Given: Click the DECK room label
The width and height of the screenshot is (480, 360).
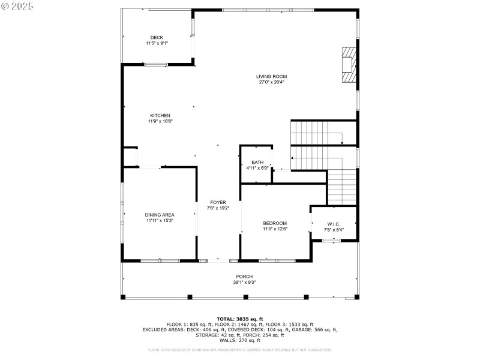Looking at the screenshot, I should click(x=157, y=37).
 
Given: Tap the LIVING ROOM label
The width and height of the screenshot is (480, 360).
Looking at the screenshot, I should click(x=271, y=76).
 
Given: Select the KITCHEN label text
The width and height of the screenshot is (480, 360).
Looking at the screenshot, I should click(x=160, y=115).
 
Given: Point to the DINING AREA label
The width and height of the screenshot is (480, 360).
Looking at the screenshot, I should click(x=160, y=215).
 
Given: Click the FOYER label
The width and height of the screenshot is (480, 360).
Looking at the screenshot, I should click(x=218, y=202).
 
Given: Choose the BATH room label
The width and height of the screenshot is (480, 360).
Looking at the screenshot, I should click(x=257, y=162).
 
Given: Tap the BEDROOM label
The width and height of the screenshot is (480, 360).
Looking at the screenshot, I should click(x=275, y=223).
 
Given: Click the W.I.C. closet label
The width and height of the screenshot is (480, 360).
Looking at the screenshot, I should click(x=334, y=224).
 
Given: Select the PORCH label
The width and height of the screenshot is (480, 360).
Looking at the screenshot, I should click(x=244, y=277).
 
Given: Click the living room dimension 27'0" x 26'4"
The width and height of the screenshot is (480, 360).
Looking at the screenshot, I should click(x=271, y=82).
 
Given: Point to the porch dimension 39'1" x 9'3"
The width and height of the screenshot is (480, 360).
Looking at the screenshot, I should click(x=244, y=283).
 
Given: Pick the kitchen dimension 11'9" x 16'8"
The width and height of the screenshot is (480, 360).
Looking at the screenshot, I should click(x=160, y=121).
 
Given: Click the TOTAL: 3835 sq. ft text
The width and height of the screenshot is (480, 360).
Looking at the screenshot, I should click(x=240, y=319).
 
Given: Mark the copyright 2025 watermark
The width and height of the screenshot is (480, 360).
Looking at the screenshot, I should click(x=17, y=5).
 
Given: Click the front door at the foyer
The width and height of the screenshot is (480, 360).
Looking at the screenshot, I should click(x=218, y=260).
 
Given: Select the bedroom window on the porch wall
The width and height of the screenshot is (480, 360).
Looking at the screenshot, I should click(x=277, y=260).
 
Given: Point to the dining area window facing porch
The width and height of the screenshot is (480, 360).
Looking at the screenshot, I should click(x=160, y=260).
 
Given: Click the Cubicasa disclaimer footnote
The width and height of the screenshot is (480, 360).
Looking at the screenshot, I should click(x=240, y=350).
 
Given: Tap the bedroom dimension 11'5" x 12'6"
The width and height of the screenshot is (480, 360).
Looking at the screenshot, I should click(x=275, y=229).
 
